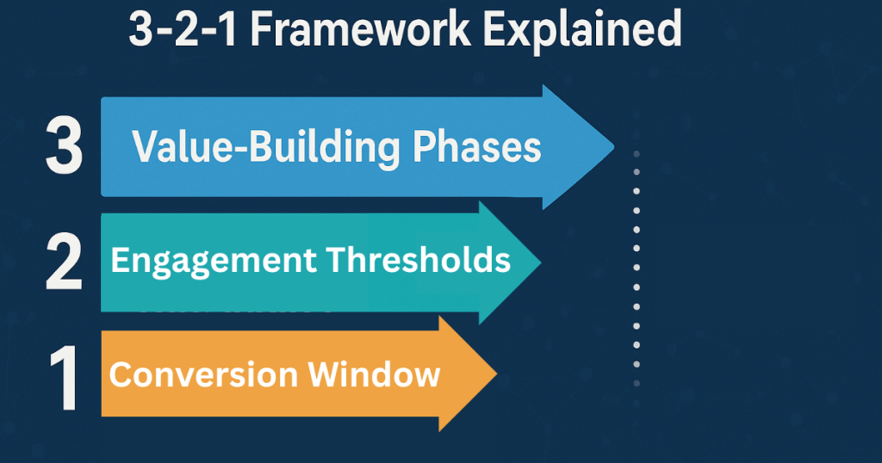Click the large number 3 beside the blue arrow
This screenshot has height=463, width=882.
pyautogui.click(x=64, y=147)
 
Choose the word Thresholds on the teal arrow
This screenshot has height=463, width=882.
pyautogui.click(x=420, y=259)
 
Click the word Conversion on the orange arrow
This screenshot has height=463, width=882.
pyautogui.click(x=202, y=375)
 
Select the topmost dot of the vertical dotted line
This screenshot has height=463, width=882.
pyautogui.click(x=637, y=154)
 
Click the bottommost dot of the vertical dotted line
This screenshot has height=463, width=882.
pyautogui.click(x=637, y=402)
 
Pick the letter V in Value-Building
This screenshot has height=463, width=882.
pyautogui.click(x=145, y=147)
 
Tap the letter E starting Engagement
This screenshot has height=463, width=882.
pyautogui.click(x=120, y=259)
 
